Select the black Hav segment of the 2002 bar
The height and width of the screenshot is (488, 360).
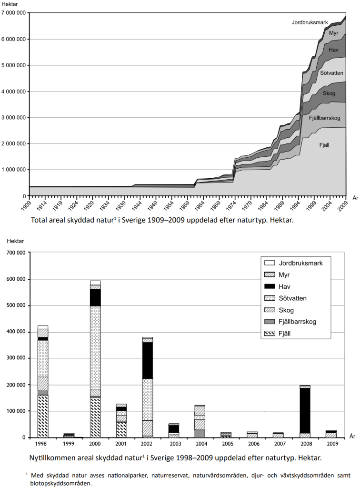[x=148, y=360]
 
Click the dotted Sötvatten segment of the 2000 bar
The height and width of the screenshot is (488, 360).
[x=95, y=347]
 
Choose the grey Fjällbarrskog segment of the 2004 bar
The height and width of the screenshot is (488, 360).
[x=200, y=433]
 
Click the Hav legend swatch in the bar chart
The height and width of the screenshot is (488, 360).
[x=270, y=286]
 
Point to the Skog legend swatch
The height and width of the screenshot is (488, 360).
[x=270, y=310]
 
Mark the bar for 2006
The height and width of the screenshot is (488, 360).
[x=253, y=435]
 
